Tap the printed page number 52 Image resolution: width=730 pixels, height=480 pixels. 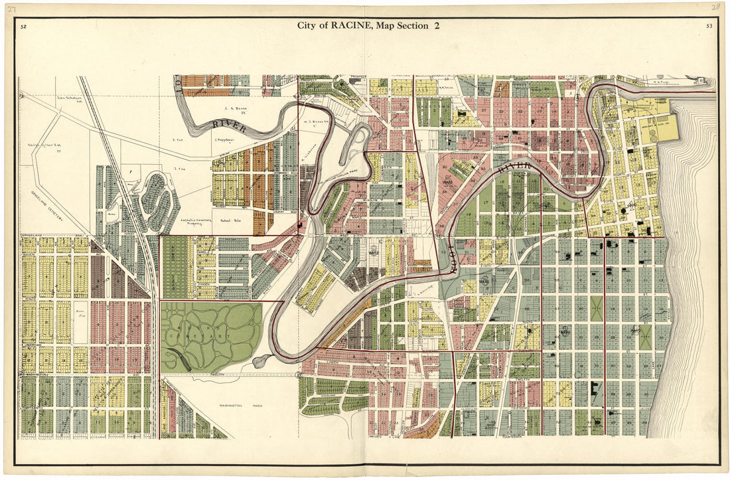pyautogui.click(x=23, y=27)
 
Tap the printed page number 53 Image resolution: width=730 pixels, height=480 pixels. pyautogui.click(x=709, y=26)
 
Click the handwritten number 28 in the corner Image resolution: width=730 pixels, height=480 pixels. pyautogui.click(x=715, y=7)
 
